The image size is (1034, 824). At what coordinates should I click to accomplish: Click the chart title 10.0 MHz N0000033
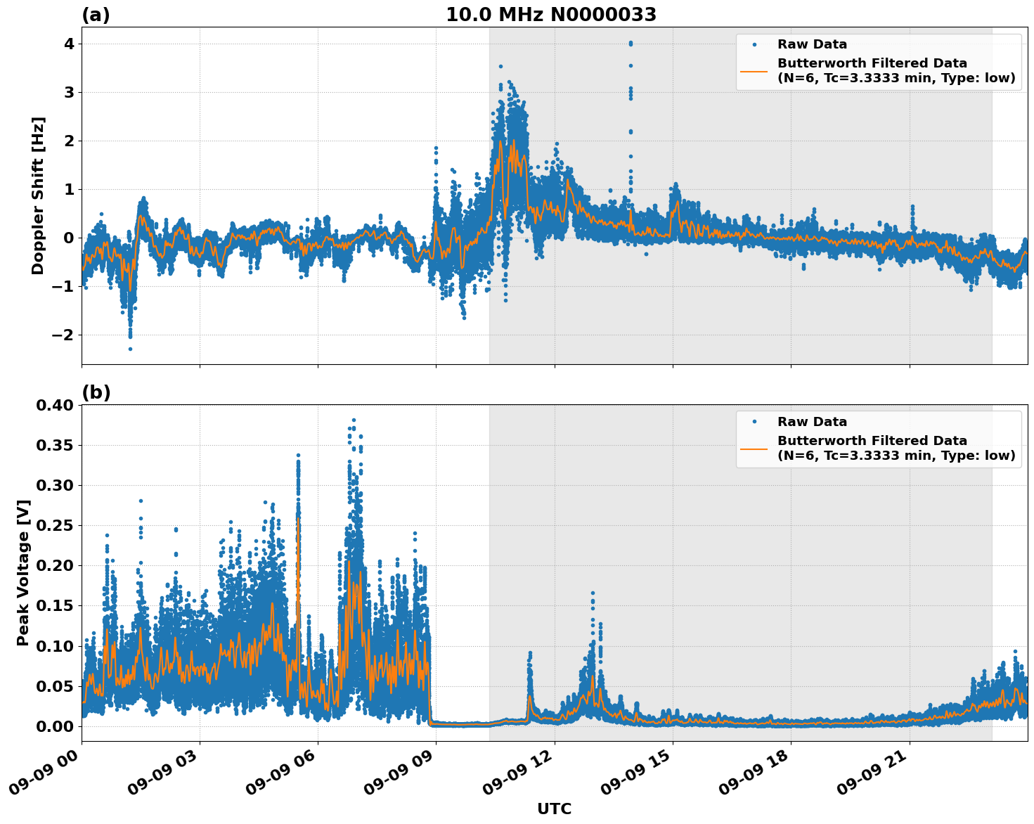pos(551,15)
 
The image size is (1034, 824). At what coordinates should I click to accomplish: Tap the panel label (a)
pos(96,15)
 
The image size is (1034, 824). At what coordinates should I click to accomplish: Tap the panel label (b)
pos(96,392)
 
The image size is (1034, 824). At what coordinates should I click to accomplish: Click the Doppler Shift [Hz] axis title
pos(38,195)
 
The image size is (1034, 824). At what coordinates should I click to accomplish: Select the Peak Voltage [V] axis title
pos(23,572)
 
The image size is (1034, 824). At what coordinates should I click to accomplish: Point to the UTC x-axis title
pos(554,809)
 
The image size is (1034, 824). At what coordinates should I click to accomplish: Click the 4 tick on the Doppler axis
pos(69,44)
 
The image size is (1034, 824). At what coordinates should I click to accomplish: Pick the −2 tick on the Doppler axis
pos(63,335)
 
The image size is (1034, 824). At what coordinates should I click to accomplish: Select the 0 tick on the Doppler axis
pos(69,238)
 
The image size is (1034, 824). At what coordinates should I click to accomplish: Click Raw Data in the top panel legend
pos(812,44)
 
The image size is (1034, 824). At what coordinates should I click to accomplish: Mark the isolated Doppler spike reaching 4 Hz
pos(631,44)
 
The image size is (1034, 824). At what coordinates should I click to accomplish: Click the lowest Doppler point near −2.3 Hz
pos(130,349)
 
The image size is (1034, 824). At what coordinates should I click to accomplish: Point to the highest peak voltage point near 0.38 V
pos(354,420)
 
